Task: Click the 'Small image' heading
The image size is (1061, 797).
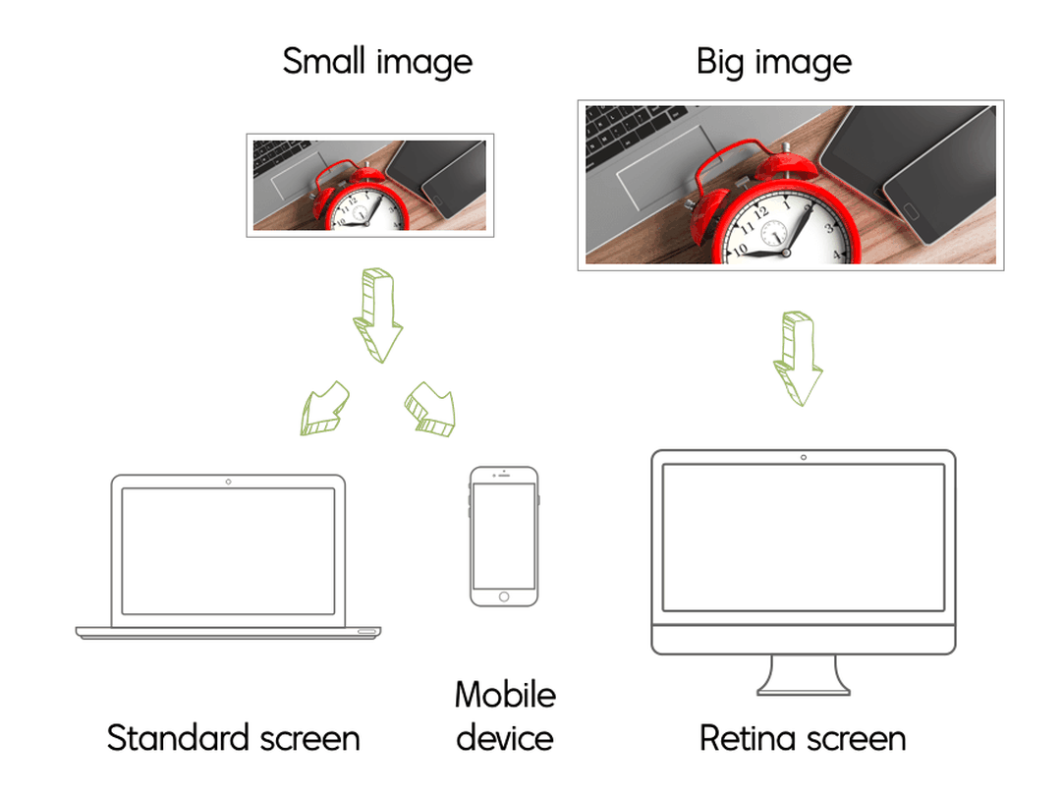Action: click(x=377, y=62)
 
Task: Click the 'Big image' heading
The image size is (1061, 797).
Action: click(x=773, y=62)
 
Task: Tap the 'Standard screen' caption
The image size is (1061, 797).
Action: click(x=234, y=738)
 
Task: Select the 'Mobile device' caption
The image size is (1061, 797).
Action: click(x=505, y=715)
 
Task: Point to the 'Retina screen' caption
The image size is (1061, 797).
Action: click(x=803, y=738)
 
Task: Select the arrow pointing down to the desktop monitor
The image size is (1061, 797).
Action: click(x=798, y=360)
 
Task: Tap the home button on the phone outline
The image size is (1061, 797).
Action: click(x=504, y=597)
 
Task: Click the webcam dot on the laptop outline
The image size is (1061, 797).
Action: click(x=229, y=482)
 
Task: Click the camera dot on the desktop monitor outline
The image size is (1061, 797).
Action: click(x=804, y=457)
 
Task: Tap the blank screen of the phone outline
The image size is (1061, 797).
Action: click(x=504, y=535)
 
